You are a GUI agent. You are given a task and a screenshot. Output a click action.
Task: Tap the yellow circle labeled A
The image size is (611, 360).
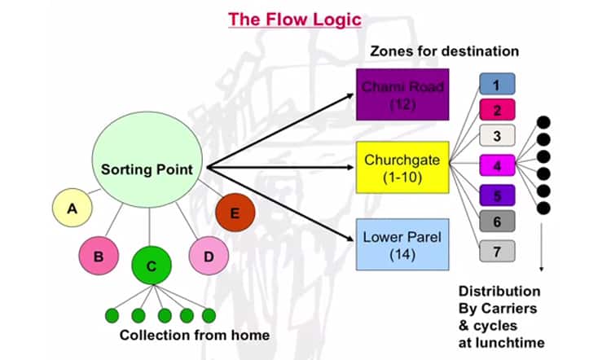coord(73,209)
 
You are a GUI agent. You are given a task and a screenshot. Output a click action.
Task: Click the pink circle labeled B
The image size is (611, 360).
coord(99,257)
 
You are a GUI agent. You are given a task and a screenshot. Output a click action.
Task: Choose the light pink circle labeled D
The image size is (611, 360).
coord(209,257)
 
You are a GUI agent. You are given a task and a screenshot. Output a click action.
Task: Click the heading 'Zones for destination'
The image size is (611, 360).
coord(444,50)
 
